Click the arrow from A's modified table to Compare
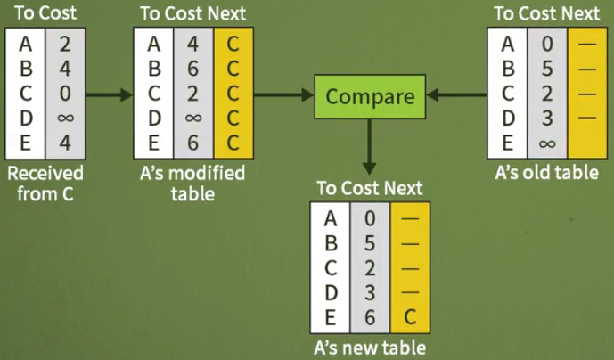pyautogui.click(x=283, y=92)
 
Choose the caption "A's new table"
pyautogui.click(x=369, y=347)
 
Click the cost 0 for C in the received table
pyautogui.click(x=64, y=93)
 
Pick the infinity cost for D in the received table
pyautogui.click(x=64, y=117)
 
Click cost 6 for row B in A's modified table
pyautogui.click(x=192, y=68)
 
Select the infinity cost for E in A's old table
pyautogui.click(x=547, y=141)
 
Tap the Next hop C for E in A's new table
pyautogui.click(x=410, y=315)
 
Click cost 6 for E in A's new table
pyautogui.click(x=370, y=315)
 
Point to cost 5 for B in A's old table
pyautogui.click(x=547, y=68)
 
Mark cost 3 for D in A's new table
pyautogui.click(x=370, y=290)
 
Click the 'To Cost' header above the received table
pyautogui.click(x=42, y=13)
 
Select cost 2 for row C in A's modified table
pyautogui.click(x=192, y=93)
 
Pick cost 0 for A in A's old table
pyautogui.click(x=547, y=43)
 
